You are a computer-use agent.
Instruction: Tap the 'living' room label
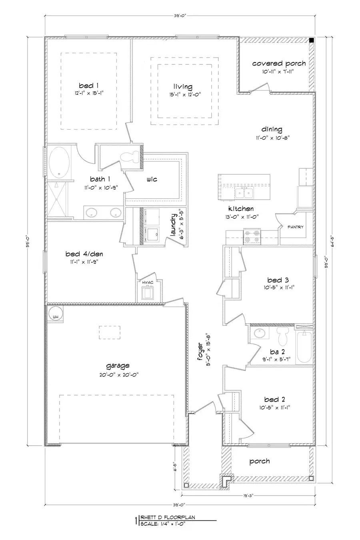click(183, 87)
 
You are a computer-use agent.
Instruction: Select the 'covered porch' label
click(279, 63)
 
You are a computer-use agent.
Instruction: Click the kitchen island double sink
click(244, 194)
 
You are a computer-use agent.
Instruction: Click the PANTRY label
click(296, 227)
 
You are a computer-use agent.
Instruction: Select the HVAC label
click(148, 283)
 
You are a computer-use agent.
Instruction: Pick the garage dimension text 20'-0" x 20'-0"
click(118, 374)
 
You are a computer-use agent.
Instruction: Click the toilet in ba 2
click(284, 336)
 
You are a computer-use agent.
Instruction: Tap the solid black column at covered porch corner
click(311, 40)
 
